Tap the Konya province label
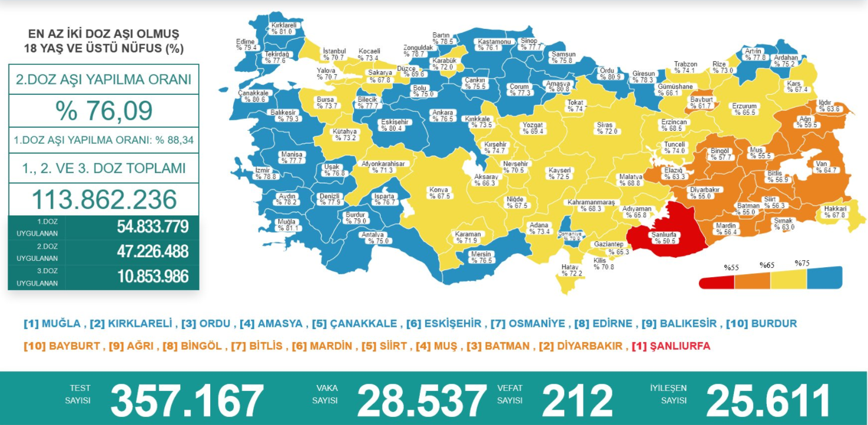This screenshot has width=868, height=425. point(439,193)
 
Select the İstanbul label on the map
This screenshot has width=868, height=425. point(334,55)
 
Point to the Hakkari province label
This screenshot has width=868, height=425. point(835,212)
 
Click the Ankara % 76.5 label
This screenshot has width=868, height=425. point(442,115)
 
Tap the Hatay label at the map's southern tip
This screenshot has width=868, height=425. point(571,270)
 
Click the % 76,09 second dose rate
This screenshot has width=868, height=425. point(104,111)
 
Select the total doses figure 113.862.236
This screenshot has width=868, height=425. point(104,200)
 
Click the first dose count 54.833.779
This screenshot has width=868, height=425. point(153,227)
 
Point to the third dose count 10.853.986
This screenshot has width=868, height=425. point(153,277)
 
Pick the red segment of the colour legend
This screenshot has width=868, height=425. point(717,281)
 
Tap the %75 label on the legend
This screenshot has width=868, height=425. point(803,263)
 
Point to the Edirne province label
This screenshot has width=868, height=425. point(245,44)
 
